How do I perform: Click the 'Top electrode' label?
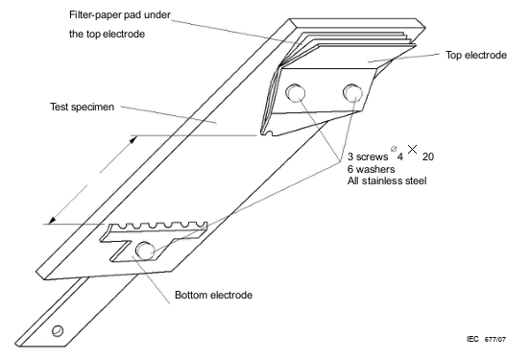tap(476, 55)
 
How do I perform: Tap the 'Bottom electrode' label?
tap(213, 295)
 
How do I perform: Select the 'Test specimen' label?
tap(82, 108)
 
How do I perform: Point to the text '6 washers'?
tap(371, 169)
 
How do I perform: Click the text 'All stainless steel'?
tap(387, 180)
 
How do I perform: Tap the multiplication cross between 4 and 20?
tap(412, 149)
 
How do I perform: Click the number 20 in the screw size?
tap(428, 156)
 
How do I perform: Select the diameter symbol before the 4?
tap(393, 149)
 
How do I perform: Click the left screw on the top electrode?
tap(296, 93)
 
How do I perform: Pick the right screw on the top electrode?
tap(352, 92)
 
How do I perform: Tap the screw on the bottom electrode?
tap(145, 251)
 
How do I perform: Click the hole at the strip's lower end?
tap(58, 330)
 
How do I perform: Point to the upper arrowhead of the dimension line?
tap(133, 139)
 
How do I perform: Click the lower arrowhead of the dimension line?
tap(52, 220)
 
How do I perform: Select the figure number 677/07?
tap(495, 340)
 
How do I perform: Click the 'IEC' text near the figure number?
tap(472, 339)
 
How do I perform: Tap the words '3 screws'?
tap(368, 156)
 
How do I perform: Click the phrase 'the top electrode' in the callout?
tap(107, 35)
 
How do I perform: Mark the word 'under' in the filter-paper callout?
tap(157, 14)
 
